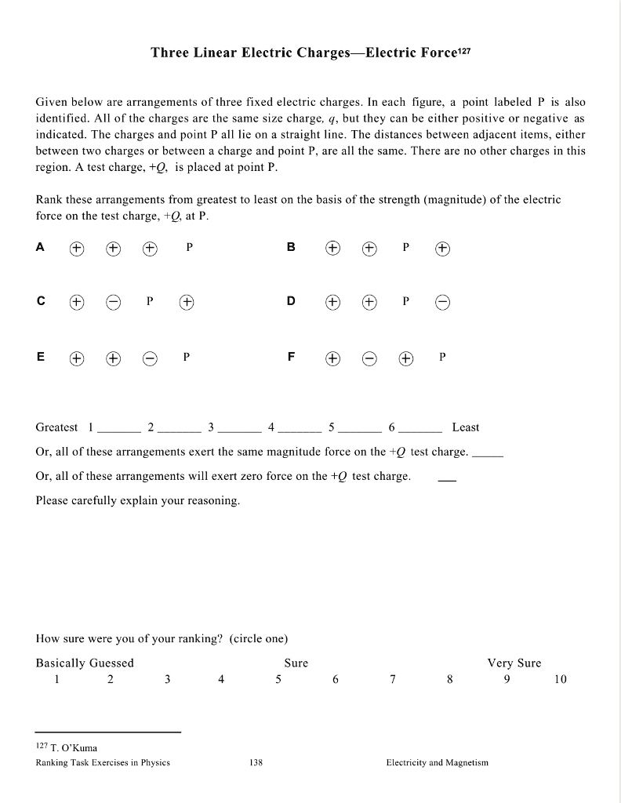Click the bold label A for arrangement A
(41, 247)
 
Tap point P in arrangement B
(405, 247)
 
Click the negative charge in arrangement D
(443, 302)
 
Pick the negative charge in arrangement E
(149, 357)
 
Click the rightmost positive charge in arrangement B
(443, 248)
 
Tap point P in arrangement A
(189, 247)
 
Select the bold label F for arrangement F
(291, 356)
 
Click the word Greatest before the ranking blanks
(56, 427)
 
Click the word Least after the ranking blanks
(466, 427)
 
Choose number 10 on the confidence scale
(559, 680)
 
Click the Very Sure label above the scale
(514, 663)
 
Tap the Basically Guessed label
(85, 663)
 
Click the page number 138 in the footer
(255, 762)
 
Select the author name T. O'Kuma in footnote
(74, 747)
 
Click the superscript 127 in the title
(462, 50)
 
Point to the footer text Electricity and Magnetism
(437, 762)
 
